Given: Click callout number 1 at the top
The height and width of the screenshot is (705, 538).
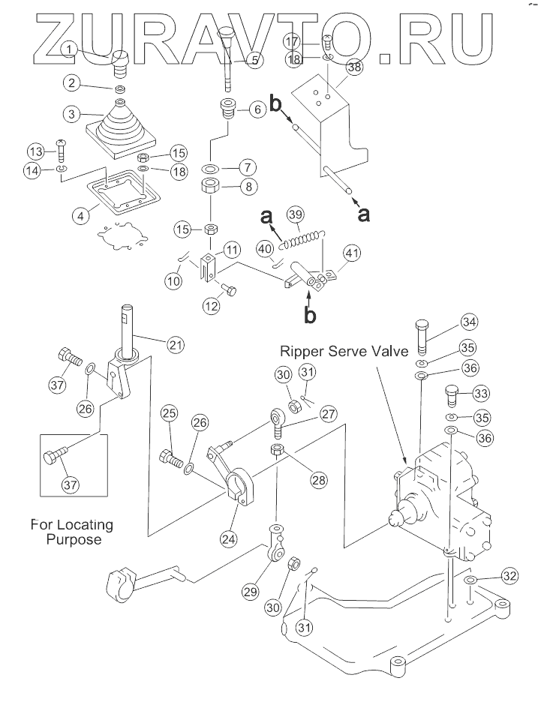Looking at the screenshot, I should click(x=68, y=50).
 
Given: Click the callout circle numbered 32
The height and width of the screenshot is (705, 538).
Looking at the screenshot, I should click(x=510, y=576).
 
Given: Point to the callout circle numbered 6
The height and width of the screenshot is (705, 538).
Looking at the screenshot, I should click(x=256, y=109).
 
